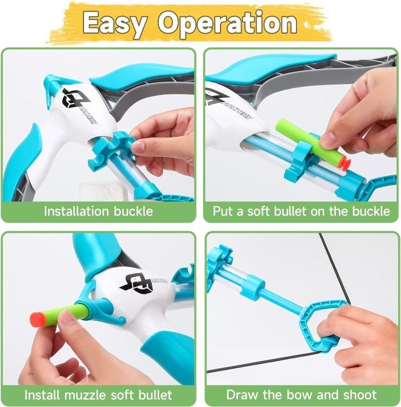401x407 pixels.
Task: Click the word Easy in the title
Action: (115, 24)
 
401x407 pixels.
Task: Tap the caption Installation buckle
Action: (98, 211)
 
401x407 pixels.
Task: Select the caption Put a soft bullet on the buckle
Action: (301, 211)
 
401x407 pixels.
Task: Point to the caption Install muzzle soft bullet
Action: (98, 395)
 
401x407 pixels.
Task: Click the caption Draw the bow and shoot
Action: (301, 395)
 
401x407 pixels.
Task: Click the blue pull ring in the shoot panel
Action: (321, 325)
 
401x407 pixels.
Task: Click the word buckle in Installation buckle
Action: (133, 211)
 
